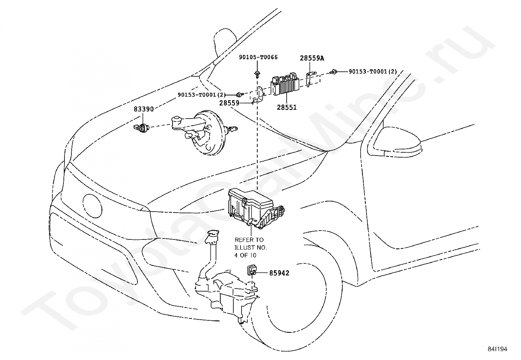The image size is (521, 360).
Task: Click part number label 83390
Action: (x=144, y=109)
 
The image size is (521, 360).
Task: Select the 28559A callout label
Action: (x=312, y=58)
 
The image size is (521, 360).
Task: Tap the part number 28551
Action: (x=287, y=107)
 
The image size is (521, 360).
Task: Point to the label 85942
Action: (x=279, y=273)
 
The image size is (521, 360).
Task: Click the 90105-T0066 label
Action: (x=258, y=57)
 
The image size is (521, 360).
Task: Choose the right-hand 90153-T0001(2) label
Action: (x=373, y=71)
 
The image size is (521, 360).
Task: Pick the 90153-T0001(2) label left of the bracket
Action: (x=202, y=95)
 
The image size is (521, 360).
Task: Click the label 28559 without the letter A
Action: (x=229, y=103)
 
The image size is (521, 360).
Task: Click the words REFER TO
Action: (x=249, y=239)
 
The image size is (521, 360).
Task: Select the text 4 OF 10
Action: (x=245, y=255)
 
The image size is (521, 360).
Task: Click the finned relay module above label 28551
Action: (x=285, y=85)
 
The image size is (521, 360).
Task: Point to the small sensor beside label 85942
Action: (x=251, y=269)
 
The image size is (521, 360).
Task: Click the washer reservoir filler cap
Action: (x=212, y=233)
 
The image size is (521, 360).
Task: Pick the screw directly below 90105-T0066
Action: (x=257, y=74)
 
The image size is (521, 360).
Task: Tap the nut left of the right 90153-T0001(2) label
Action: (x=333, y=72)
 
